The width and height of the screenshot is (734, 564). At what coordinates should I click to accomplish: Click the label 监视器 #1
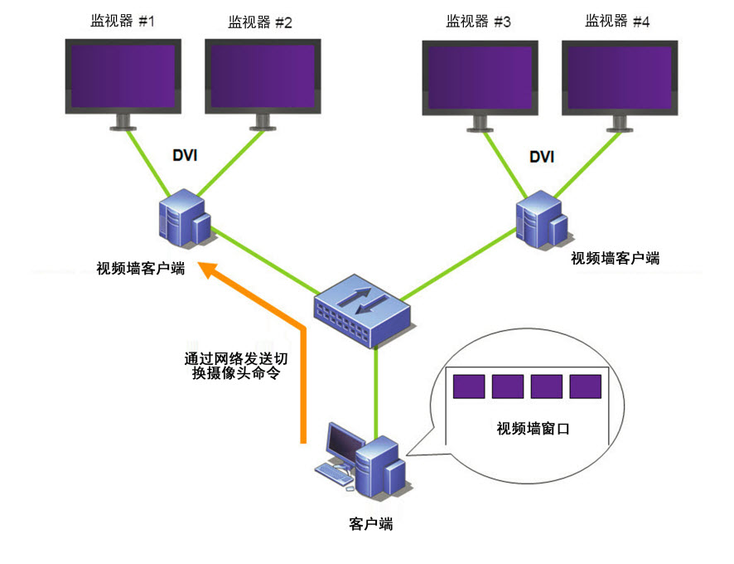coord(123,22)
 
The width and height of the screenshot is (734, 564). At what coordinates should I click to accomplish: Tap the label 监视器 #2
coord(260,22)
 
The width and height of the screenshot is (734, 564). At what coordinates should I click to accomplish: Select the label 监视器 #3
coord(479,22)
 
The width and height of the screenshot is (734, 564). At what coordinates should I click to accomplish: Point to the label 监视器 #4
coord(617,22)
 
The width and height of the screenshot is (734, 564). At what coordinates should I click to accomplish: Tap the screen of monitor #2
coord(261,75)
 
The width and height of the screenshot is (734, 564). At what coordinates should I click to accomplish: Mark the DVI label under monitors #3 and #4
coord(542,156)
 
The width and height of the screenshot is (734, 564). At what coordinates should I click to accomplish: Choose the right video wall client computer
coord(541,218)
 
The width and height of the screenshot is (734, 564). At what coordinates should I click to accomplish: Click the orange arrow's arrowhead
coord(215,273)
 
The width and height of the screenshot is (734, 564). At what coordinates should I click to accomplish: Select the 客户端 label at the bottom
coord(370,524)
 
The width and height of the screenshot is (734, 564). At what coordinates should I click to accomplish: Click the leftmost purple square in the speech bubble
coord(469,387)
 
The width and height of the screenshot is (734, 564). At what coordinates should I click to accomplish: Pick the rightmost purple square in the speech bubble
coord(586,387)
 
